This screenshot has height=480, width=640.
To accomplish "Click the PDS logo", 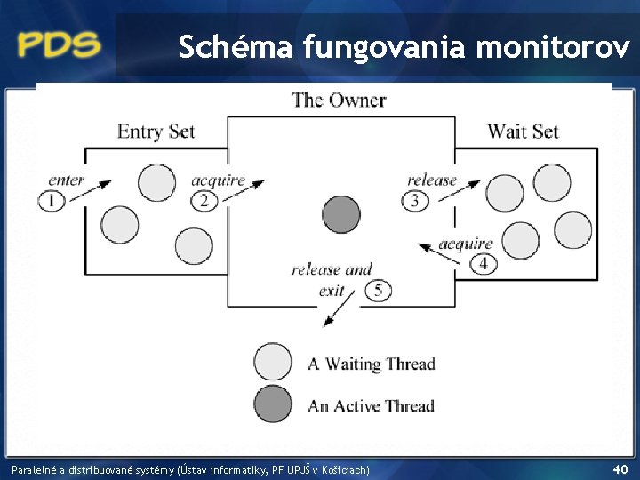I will tap(60, 44).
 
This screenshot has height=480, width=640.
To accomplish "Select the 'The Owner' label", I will tap(339, 100).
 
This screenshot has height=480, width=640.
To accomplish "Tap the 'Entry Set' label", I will tap(156, 132).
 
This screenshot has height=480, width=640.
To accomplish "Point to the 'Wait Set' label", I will tap(523, 132).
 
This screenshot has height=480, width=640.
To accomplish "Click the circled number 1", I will tap(52, 200).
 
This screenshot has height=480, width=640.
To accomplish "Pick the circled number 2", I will tap(204, 200).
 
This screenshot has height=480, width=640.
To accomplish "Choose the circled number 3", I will tap(415, 200).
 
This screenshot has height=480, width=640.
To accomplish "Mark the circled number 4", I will tap(484, 263).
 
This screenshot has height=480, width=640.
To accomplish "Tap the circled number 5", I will tap(378, 290).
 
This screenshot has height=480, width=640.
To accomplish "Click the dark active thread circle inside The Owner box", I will tap(340, 214).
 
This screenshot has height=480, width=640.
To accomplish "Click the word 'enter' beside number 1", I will tap(67, 180).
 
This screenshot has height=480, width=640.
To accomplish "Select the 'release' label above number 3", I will tap(432, 180).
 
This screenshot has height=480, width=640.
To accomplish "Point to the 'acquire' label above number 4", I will tap(466, 243).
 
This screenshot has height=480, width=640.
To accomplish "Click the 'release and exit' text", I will tap(331, 278).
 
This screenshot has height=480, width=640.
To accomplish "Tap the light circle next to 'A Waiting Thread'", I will tap(273, 363).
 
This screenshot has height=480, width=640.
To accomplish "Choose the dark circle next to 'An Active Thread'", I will tap(273, 404).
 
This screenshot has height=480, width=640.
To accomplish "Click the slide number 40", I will tap(620, 468).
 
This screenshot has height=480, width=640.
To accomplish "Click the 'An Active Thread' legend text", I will tap(371, 406).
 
